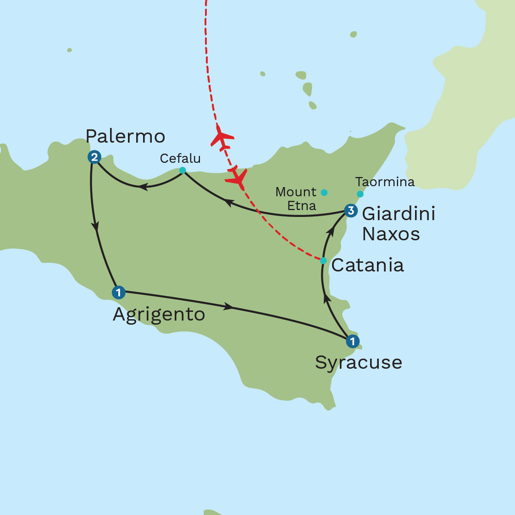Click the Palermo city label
(125, 136)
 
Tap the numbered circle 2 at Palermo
(94, 157)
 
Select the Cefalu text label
(180, 159)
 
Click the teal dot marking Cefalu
(183, 170)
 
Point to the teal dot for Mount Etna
(324, 192)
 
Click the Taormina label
(385, 182)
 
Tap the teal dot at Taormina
(360, 194)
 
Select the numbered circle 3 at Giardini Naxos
(351, 210)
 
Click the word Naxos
(391, 234)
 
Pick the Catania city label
(367, 265)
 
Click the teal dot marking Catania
(323, 260)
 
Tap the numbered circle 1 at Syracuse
(352, 341)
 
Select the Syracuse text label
(359, 362)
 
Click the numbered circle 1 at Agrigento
(118, 292)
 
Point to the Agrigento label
(159, 315)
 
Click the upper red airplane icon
(222, 137)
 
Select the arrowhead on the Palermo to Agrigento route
(95, 226)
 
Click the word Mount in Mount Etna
(296, 192)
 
